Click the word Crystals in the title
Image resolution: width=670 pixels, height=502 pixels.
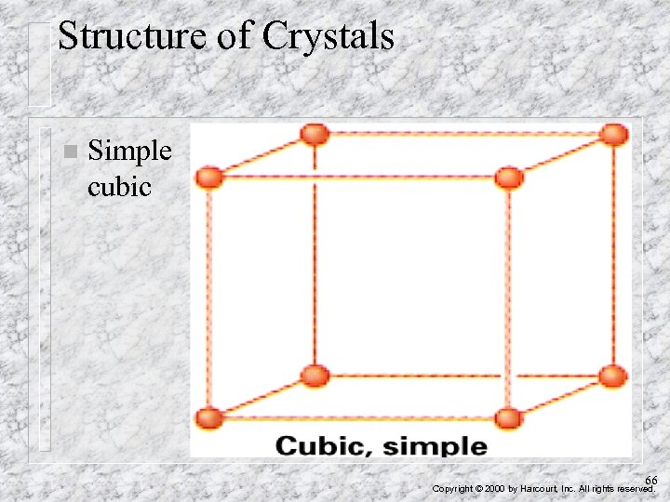(x=328, y=37)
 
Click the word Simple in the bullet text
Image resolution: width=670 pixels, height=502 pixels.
(x=129, y=151)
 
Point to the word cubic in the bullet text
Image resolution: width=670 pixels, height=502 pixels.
(x=119, y=186)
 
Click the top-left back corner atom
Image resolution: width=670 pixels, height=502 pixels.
(x=315, y=134)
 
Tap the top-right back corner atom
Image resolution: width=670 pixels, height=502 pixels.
(x=613, y=134)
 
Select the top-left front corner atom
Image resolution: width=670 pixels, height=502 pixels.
(x=209, y=177)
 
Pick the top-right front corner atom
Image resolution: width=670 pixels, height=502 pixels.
(x=509, y=177)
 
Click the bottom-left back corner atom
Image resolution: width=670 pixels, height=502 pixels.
(x=315, y=376)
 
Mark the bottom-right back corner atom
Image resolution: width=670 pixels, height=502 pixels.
(x=613, y=376)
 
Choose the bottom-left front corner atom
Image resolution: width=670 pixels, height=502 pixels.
(x=209, y=418)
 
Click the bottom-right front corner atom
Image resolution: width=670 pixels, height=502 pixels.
(x=509, y=418)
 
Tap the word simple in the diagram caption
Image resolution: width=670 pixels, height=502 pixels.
(x=435, y=445)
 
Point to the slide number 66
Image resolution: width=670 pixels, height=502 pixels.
(x=651, y=480)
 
